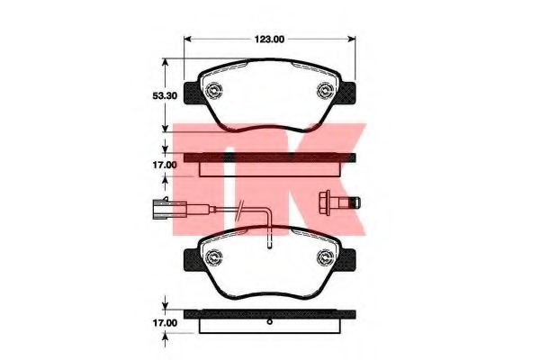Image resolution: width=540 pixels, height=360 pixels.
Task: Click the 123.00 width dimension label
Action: (x=269, y=40)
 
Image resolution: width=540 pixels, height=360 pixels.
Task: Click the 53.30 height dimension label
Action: (x=165, y=95)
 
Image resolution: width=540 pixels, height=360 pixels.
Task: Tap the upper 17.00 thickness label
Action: (x=165, y=165)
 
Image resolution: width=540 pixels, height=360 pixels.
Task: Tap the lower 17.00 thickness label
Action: (x=165, y=323)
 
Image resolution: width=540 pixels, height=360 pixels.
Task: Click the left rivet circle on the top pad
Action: (x=213, y=91)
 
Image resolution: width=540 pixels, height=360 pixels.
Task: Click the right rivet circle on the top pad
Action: (x=325, y=91)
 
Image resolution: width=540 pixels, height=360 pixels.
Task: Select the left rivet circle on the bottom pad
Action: (x=213, y=257)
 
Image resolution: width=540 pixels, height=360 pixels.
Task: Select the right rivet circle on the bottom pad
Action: (x=325, y=257)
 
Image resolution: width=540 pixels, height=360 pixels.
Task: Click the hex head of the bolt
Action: (x=325, y=202)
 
